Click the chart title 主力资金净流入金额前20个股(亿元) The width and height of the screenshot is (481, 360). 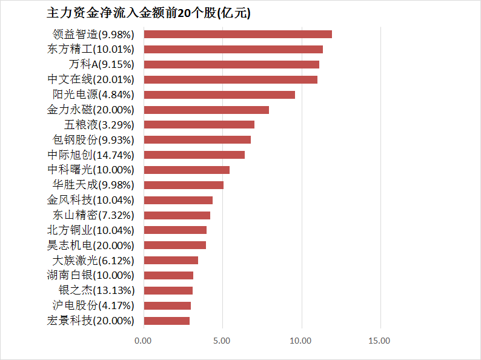(x=148, y=13)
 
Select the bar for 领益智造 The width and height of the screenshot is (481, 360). (x=237, y=35)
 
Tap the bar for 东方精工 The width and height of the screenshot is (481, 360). (x=233, y=50)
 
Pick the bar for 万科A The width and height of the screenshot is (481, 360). (x=231, y=65)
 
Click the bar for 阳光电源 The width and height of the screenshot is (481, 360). (x=219, y=95)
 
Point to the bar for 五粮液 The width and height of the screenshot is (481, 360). (x=199, y=125)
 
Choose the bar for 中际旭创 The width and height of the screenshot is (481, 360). (x=194, y=155)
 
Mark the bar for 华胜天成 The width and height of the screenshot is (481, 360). (x=184, y=185)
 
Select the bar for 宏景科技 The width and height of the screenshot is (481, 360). (x=167, y=321)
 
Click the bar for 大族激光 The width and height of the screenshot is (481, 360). (x=171, y=261)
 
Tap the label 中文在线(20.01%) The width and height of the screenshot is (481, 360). (x=90, y=79)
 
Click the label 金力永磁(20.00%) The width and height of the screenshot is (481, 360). (x=90, y=110)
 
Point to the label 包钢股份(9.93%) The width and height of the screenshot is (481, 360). (x=93, y=140)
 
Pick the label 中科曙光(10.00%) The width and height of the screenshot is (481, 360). (x=90, y=170)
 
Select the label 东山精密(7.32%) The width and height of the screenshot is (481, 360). (x=93, y=215)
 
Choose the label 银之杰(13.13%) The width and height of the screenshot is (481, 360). (x=96, y=290)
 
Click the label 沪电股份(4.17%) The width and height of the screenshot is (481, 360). (x=93, y=305)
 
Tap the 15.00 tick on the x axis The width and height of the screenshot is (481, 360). (x=380, y=341)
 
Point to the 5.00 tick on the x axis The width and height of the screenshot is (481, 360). (x=222, y=341)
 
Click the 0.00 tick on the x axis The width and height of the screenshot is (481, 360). (x=144, y=341)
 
